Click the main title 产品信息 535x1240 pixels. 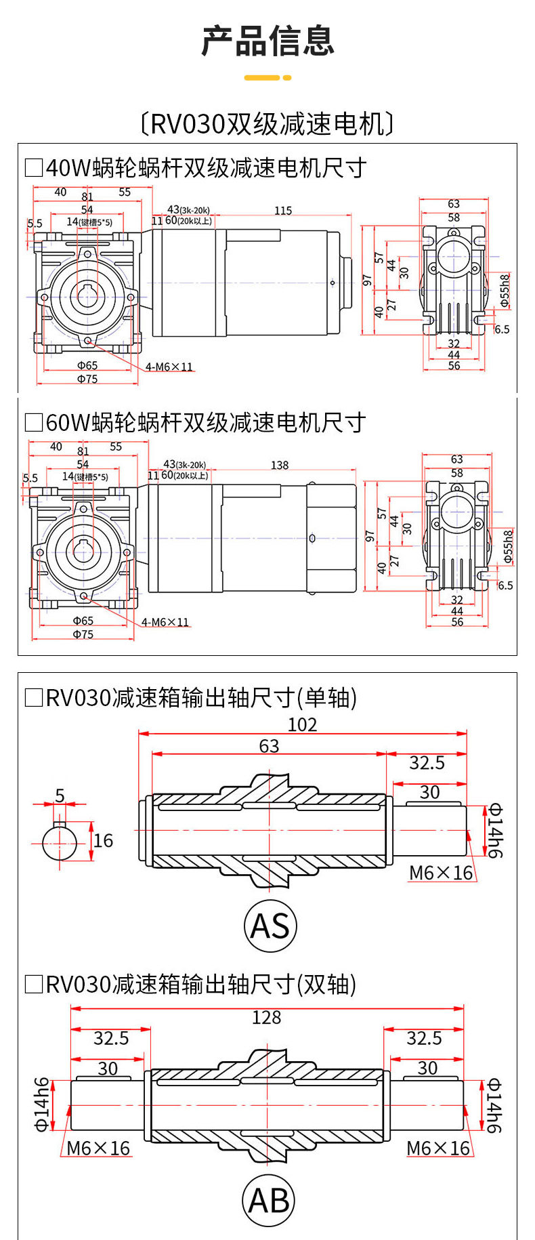[x=267, y=41]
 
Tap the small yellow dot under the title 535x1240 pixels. [x=287, y=78]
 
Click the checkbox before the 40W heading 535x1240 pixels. [x=33, y=167]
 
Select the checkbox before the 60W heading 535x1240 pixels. [x=33, y=423]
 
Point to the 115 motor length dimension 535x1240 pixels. [x=283, y=211]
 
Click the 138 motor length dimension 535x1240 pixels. [x=280, y=466]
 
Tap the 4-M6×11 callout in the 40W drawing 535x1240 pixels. [x=169, y=367]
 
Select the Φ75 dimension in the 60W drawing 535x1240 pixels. [x=83, y=635]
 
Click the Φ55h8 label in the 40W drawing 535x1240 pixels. [x=505, y=290]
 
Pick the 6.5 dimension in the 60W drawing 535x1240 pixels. [x=505, y=585]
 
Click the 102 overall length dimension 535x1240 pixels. [x=302, y=725]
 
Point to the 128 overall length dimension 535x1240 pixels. [x=266, y=1018]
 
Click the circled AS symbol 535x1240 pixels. [x=270, y=926]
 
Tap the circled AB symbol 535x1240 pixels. [x=268, y=1201]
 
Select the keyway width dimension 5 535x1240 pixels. [x=60, y=795]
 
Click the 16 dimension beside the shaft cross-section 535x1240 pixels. [x=103, y=841]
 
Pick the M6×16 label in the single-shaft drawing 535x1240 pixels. [x=441, y=873]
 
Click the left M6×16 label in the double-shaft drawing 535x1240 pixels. [x=98, y=1149]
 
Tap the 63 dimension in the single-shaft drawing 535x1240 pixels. [x=269, y=746]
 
